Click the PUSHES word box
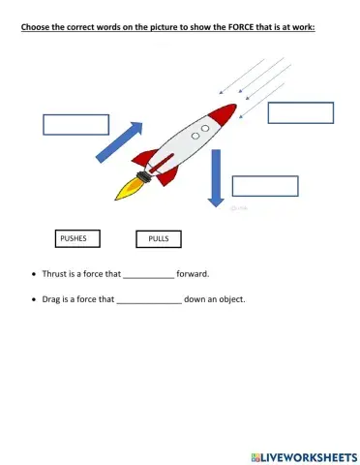(x=74, y=237)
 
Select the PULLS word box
(x=159, y=239)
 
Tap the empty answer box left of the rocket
(x=75, y=125)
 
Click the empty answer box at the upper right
(x=300, y=112)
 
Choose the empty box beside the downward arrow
(x=265, y=186)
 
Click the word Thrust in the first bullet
(x=55, y=274)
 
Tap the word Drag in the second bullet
(x=52, y=299)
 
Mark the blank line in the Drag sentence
(x=148, y=301)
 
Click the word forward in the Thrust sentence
(x=194, y=274)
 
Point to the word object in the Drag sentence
(x=229, y=299)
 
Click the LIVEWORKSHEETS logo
(x=303, y=455)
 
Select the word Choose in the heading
(x=36, y=26)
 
